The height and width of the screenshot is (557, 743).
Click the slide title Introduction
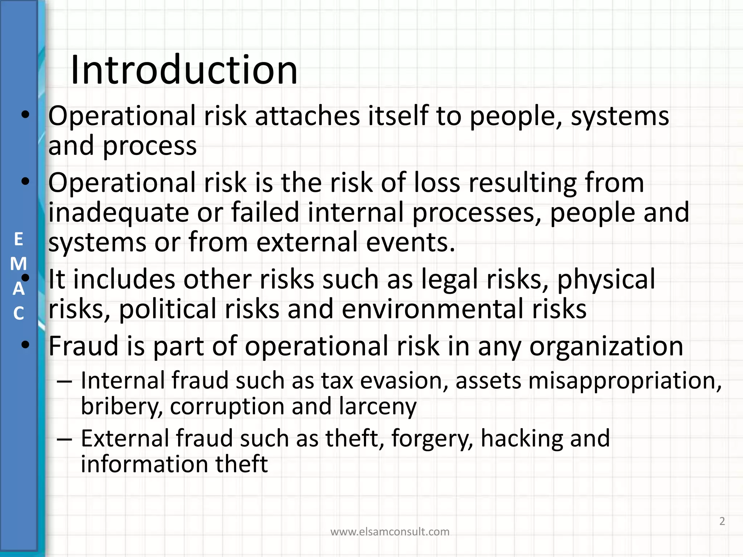click(x=184, y=70)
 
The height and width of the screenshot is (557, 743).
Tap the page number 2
click(x=722, y=521)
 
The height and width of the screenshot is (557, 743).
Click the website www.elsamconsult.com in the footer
click(x=390, y=532)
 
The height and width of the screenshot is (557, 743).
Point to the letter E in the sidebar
click(x=18, y=239)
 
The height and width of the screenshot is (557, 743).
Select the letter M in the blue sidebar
click(x=18, y=264)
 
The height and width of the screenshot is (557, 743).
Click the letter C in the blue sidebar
click(x=19, y=313)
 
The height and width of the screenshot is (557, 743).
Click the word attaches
click(x=308, y=116)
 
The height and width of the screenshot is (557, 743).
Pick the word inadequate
click(x=119, y=213)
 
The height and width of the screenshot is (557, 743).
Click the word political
click(x=167, y=309)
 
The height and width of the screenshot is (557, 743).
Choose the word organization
click(x=606, y=346)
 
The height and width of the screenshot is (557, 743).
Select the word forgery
click(x=432, y=438)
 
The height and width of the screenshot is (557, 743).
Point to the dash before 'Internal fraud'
click(x=65, y=381)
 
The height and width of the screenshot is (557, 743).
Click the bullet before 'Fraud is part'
click(x=25, y=345)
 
